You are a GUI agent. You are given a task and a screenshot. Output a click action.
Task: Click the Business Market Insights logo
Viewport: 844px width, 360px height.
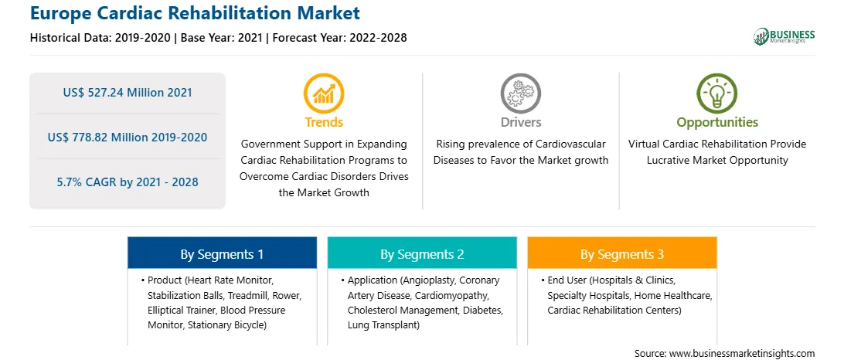click(x=784, y=36)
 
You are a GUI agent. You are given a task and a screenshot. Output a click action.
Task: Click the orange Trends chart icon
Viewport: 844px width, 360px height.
click(x=324, y=94)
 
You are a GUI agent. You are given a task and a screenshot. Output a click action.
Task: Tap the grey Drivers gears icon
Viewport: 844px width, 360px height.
click(x=520, y=94)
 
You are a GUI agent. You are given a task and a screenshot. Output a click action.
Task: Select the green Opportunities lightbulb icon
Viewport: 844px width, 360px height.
click(x=717, y=94)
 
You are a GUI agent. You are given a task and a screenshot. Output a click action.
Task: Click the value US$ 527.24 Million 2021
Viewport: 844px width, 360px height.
click(x=128, y=93)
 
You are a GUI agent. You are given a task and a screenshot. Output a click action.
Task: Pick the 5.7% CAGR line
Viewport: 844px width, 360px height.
click(x=128, y=182)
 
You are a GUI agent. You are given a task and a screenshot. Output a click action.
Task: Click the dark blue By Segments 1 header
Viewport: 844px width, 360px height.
click(x=223, y=253)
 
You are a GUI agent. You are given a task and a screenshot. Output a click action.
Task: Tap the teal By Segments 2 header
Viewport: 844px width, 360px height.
click(x=422, y=253)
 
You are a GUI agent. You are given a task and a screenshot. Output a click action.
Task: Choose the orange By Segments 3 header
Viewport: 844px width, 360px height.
click(x=622, y=253)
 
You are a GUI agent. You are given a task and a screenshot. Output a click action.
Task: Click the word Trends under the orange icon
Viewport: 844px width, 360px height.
click(x=324, y=122)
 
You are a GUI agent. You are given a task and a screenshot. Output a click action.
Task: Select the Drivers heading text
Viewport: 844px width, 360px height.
click(x=520, y=122)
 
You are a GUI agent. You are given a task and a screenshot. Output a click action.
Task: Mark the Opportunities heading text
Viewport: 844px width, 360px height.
click(x=717, y=122)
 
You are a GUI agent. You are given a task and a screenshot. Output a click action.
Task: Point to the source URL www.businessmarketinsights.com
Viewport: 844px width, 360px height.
click(x=742, y=354)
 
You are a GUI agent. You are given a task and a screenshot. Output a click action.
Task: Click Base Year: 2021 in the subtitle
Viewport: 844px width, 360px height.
click(x=222, y=38)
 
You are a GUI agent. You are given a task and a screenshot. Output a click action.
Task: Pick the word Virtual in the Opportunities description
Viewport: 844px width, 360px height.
click(x=643, y=144)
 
